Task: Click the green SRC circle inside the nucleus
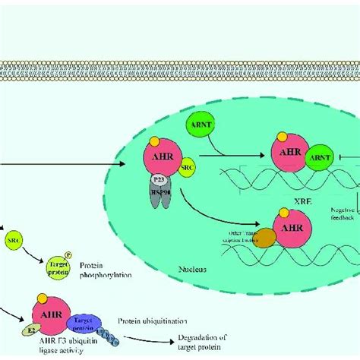(x=185, y=166)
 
